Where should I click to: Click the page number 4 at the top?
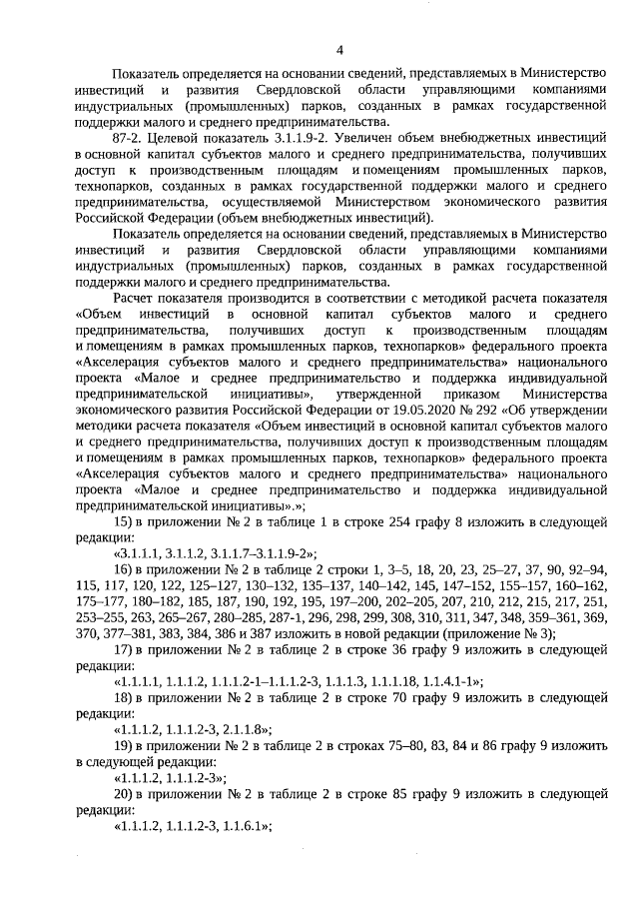pos(339,50)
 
